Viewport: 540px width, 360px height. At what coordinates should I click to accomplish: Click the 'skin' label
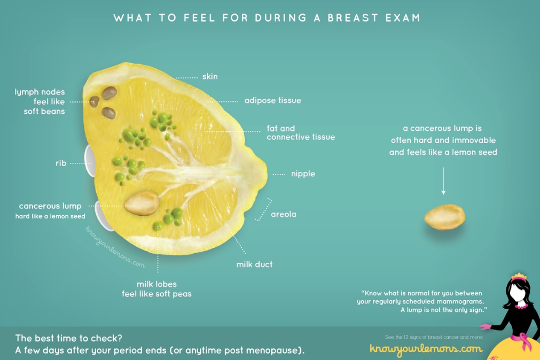(x=210, y=76)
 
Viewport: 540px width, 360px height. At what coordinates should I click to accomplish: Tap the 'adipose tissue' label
(x=273, y=100)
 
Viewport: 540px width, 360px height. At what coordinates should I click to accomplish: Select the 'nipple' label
(x=303, y=174)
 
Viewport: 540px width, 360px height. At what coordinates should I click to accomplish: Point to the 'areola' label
(x=284, y=214)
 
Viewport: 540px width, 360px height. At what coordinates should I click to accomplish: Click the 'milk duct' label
(x=254, y=264)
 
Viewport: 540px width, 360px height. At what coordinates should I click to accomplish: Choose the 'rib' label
(x=61, y=163)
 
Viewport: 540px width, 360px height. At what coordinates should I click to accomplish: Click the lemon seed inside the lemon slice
(x=142, y=204)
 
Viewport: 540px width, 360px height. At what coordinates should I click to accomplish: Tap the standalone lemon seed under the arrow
(x=444, y=217)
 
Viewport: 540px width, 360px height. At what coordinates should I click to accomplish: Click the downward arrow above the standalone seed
(x=443, y=181)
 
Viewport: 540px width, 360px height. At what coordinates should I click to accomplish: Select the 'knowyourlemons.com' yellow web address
(x=426, y=349)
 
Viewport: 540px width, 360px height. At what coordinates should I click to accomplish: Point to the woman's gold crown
(x=519, y=276)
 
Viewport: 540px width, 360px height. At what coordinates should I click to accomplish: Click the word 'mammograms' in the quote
(x=460, y=301)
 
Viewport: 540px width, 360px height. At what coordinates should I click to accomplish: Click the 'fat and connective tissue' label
(x=301, y=132)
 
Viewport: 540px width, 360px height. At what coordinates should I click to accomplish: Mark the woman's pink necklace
(x=521, y=306)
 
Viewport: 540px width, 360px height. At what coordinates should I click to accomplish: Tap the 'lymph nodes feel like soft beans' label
(x=40, y=101)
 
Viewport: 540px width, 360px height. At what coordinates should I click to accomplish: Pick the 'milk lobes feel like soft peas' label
(x=156, y=289)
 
